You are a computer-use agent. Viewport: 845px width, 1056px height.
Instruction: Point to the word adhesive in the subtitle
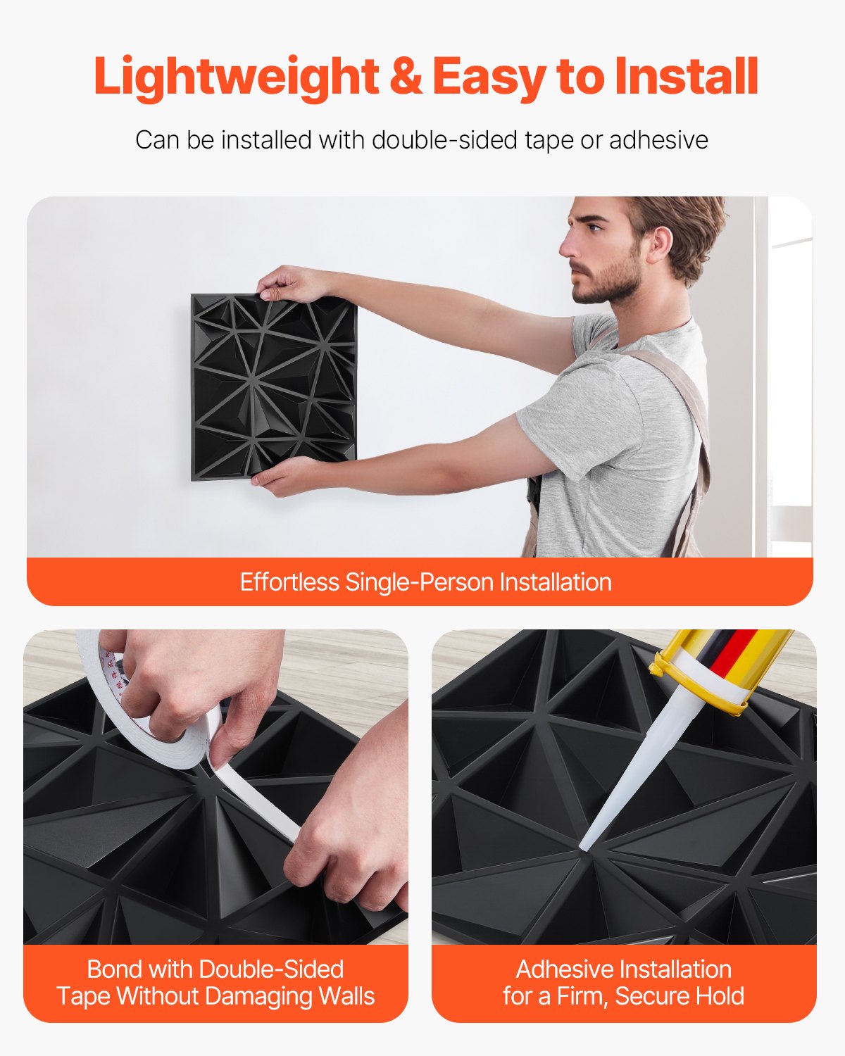[x=658, y=140]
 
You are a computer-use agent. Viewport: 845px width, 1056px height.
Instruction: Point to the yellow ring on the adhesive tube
[x=694, y=686]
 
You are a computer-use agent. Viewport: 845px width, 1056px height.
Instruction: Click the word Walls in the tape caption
[x=346, y=996]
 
